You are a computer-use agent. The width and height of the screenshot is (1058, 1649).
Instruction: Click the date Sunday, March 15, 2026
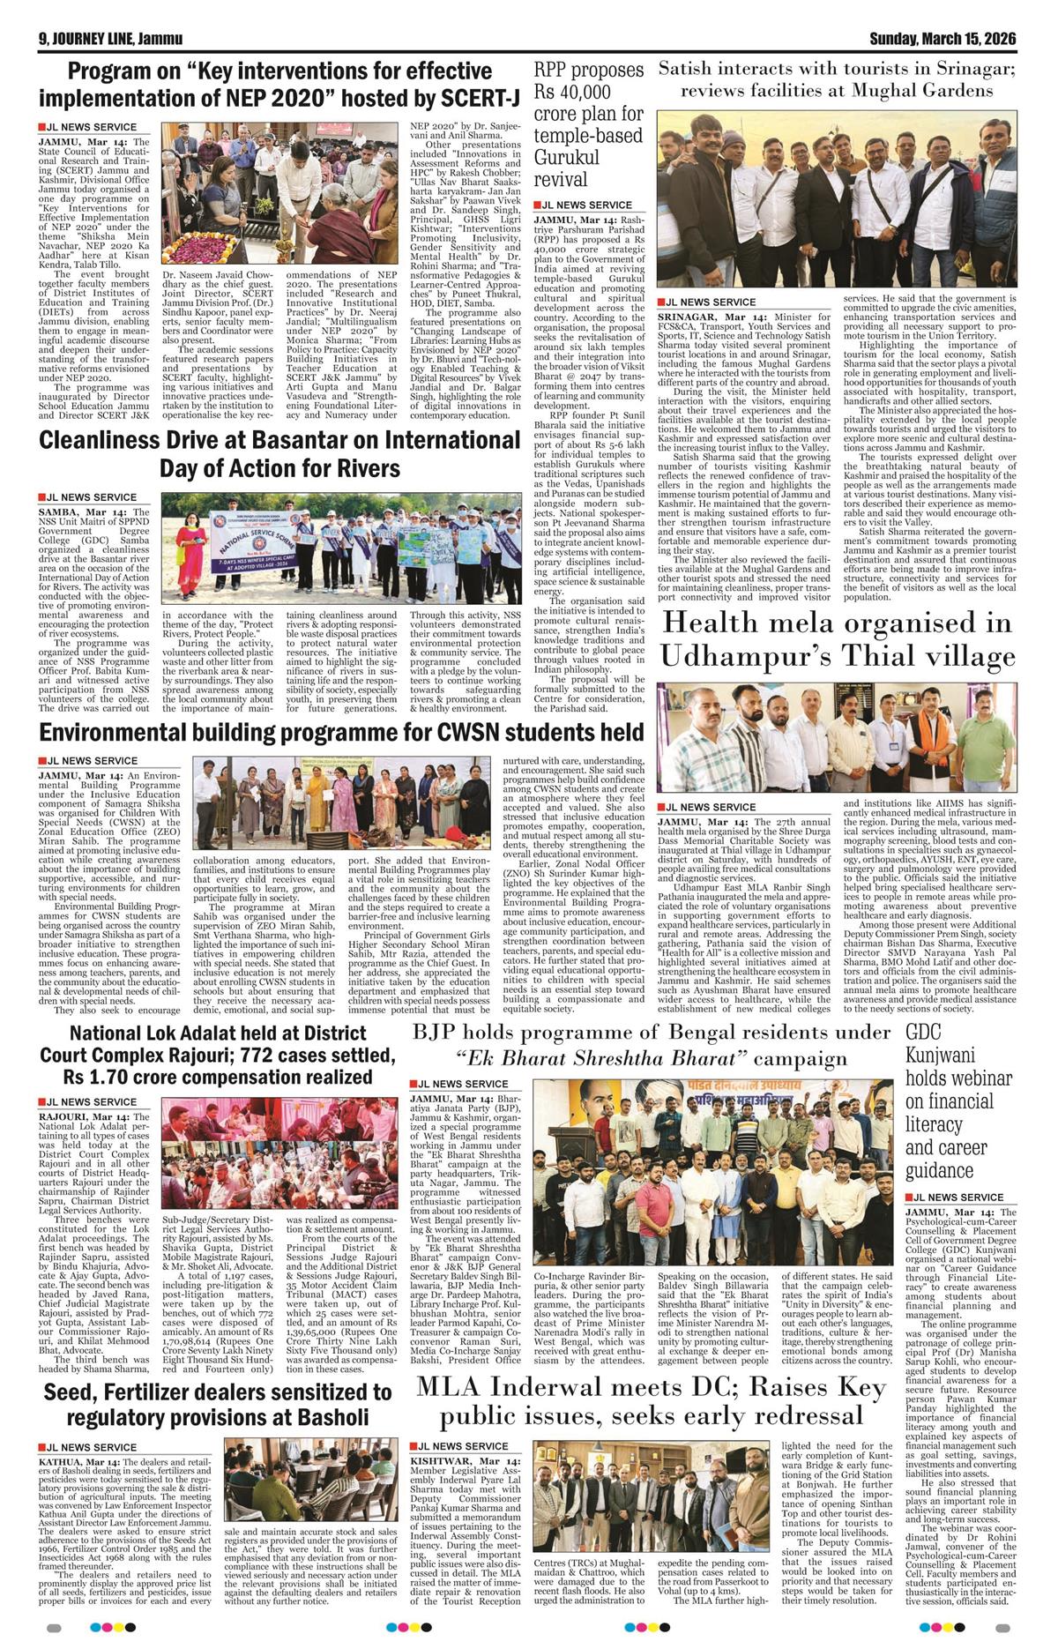click(943, 39)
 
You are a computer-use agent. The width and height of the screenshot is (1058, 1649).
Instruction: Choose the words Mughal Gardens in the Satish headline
click(921, 90)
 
